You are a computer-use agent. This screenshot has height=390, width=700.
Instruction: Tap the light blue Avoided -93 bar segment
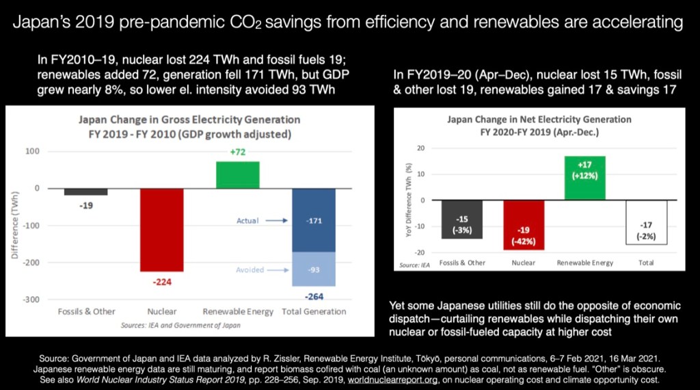314,269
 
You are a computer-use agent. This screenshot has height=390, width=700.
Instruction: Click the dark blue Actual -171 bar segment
314,220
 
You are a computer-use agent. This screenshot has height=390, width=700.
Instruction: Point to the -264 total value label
314,296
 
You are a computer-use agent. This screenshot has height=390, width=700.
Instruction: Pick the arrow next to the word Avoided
278,270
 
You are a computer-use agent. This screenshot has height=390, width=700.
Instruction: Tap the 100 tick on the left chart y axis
44,151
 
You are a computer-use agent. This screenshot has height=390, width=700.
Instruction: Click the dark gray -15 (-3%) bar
462,220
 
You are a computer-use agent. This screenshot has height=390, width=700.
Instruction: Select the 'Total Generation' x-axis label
315,312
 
